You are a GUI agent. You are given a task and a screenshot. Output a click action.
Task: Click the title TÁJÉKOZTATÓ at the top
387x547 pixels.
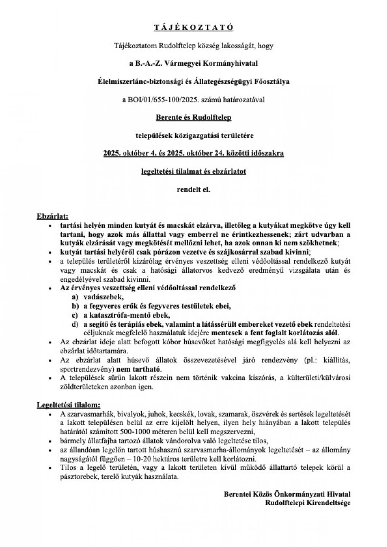(193, 27)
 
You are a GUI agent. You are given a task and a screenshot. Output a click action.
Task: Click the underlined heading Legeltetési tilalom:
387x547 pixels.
(69, 405)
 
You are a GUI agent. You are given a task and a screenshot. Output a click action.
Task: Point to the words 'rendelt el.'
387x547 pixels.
(193, 190)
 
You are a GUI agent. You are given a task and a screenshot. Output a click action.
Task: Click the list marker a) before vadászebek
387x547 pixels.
(75, 298)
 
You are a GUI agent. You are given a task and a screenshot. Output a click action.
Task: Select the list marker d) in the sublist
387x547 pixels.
(75, 324)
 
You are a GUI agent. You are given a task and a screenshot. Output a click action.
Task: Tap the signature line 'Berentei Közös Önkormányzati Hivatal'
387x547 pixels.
(287, 494)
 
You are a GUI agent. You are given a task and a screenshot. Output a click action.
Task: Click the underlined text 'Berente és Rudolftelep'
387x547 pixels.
(193, 118)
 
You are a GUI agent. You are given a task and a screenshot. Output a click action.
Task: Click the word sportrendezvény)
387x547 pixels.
(85, 369)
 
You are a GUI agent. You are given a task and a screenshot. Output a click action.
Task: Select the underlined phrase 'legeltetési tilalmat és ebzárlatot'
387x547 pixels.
(193, 171)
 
